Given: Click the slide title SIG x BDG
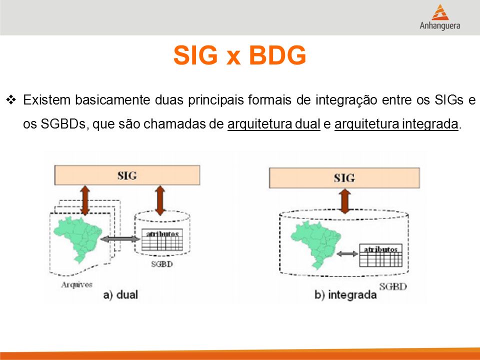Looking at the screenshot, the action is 239,55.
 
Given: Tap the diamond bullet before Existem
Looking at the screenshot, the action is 11,100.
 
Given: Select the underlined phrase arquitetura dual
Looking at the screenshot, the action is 273,124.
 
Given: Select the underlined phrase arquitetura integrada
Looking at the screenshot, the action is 396,124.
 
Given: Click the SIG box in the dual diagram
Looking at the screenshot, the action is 127,175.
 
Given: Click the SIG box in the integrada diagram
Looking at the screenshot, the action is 344,178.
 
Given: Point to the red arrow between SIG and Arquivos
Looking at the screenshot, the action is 85,200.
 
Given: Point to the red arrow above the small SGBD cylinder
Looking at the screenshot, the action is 160,200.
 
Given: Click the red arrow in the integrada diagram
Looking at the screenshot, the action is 345,201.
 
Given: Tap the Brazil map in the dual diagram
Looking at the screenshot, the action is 78,239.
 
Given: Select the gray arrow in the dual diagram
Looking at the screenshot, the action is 120,239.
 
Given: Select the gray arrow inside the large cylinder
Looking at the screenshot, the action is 347,254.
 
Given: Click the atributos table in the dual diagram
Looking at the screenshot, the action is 162,239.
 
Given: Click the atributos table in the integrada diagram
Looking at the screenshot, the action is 380,255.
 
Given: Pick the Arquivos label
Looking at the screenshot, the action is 76,284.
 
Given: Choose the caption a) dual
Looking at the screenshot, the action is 120,295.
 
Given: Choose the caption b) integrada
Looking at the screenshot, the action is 345,295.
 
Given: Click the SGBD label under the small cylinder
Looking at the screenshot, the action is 162,264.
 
